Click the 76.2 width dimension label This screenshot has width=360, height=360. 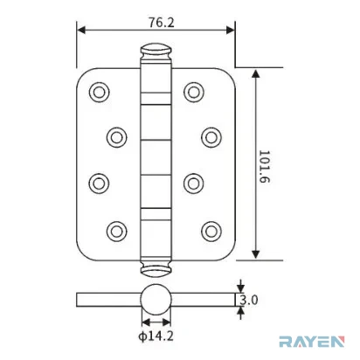coord(162,23)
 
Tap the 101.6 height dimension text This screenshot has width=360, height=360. coord(265,167)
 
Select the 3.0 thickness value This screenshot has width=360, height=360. coord(249,300)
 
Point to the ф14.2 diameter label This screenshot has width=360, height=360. coord(156,336)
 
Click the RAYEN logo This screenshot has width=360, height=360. coord(312,342)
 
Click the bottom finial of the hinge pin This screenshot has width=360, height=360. coord(156,269)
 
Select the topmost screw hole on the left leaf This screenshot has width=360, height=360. coord(99,93)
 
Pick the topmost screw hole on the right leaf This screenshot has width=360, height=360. coord(194,93)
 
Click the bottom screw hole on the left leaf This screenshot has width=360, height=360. coord(116,232)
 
